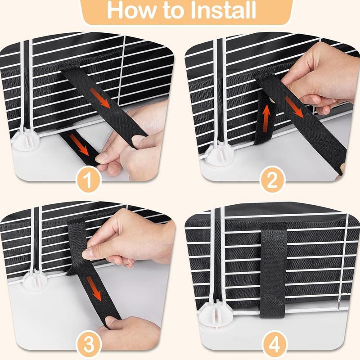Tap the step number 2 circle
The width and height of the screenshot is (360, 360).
tap(273, 180)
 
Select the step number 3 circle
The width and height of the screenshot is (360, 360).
tap(89, 344)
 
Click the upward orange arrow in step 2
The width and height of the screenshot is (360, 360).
tap(266, 118)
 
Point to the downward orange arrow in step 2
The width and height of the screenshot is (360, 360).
tap(295, 107)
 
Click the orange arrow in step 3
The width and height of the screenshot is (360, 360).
tap(94, 288)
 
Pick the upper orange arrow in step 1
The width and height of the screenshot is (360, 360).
tap(100, 98)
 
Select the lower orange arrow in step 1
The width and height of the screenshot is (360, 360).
tap(79, 144)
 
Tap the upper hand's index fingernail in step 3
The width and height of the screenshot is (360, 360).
tap(87, 254)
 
